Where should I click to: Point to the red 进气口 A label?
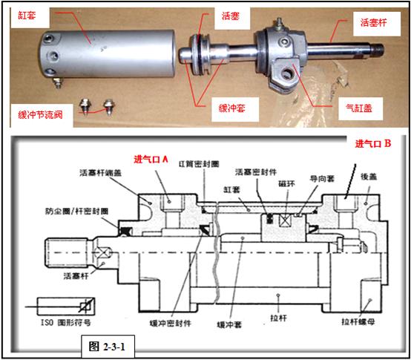[x=152, y=159]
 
